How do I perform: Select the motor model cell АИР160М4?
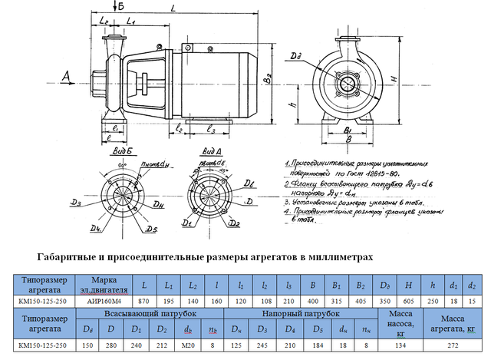(104, 302)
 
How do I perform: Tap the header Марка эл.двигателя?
(104, 285)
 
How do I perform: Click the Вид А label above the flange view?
(210, 152)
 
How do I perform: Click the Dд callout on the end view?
(297, 55)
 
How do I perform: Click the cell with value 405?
(357, 302)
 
